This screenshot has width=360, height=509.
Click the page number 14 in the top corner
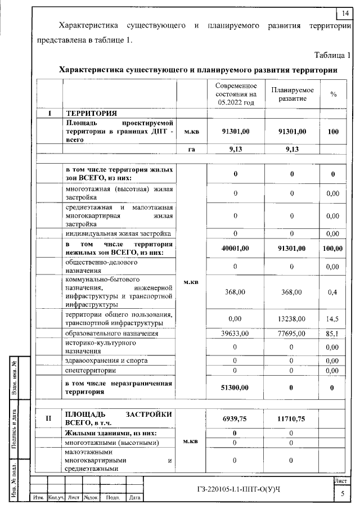[x=345, y=13]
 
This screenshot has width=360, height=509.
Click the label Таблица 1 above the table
[x=332, y=55]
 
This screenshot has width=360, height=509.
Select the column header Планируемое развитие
[x=292, y=94]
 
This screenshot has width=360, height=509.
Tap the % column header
[x=333, y=94]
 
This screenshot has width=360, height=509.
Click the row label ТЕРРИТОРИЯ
[x=92, y=113]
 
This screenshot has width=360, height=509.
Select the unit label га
[x=191, y=149]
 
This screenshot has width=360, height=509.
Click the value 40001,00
[x=235, y=248]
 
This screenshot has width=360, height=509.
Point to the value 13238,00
[x=292, y=318]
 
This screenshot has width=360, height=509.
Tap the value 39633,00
[x=235, y=334]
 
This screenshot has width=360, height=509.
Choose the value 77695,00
[x=292, y=334]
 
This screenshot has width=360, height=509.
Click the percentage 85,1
[x=333, y=334]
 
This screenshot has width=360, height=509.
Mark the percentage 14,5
[x=333, y=318]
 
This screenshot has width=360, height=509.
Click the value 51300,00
[x=235, y=388]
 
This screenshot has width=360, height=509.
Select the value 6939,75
[x=235, y=418]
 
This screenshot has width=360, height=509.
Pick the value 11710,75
[x=292, y=418]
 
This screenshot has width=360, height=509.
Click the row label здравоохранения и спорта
[x=106, y=361]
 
